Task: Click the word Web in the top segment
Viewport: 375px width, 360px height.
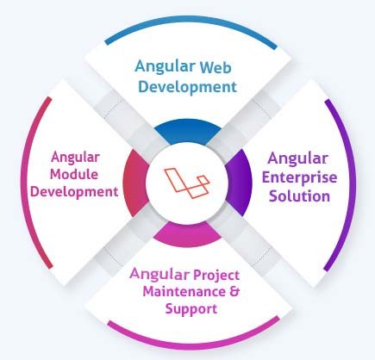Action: (x=216, y=67)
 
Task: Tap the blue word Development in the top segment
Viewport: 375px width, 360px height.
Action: (x=188, y=87)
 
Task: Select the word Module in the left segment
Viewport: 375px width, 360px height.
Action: (x=74, y=175)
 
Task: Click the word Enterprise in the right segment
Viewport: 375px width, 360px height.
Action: (x=299, y=177)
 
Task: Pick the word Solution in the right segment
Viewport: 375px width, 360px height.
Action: (x=299, y=196)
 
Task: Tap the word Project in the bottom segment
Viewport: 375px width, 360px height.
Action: (x=216, y=276)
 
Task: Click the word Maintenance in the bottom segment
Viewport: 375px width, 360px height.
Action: (x=184, y=292)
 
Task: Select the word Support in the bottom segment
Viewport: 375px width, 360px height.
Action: (x=191, y=310)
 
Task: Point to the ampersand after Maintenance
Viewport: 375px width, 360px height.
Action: (x=234, y=291)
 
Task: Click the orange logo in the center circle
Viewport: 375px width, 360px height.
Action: (x=187, y=183)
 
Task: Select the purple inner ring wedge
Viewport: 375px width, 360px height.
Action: (x=240, y=182)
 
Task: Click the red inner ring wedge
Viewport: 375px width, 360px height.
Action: (x=135, y=183)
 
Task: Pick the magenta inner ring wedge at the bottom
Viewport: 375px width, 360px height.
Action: (x=187, y=235)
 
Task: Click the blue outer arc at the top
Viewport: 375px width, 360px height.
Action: (x=191, y=19)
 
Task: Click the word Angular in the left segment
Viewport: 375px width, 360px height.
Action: (x=76, y=158)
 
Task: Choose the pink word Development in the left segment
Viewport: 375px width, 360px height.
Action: (x=74, y=192)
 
